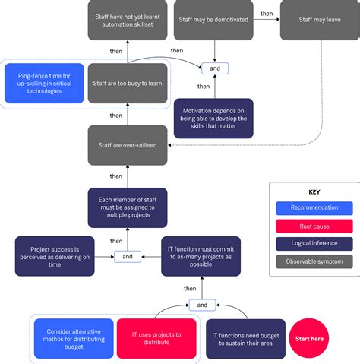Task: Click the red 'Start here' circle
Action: [x=308, y=338]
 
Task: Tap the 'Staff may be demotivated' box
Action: [x=216, y=19]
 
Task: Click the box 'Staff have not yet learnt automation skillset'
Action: [x=127, y=19]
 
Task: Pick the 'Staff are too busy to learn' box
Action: [x=127, y=83]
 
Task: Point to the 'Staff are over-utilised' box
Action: [x=127, y=145]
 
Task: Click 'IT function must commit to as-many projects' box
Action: [x=201, y=256]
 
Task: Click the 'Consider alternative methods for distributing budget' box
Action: [x=74, y=338]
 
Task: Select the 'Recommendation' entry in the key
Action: [x=314, y=207]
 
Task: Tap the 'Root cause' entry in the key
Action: [x=314, y=226]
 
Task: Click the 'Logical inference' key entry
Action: [x=314, y=244]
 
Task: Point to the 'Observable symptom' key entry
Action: [x=314, y=262]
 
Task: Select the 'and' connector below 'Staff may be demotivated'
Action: [x=215, y=68]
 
